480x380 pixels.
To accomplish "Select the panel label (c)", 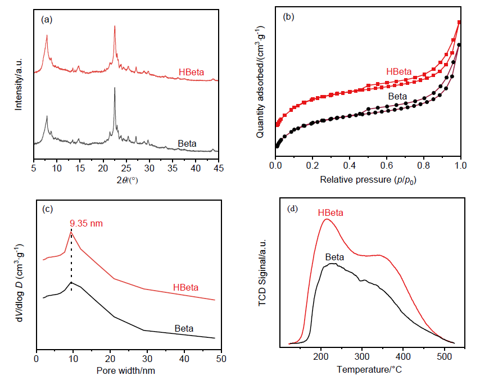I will (x=47, y=209).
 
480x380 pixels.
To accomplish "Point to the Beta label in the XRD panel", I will (x=187, y=144).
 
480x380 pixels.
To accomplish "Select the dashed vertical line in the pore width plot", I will (x=71, y=259).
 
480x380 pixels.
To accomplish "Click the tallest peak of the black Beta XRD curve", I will (x=115, y=88).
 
